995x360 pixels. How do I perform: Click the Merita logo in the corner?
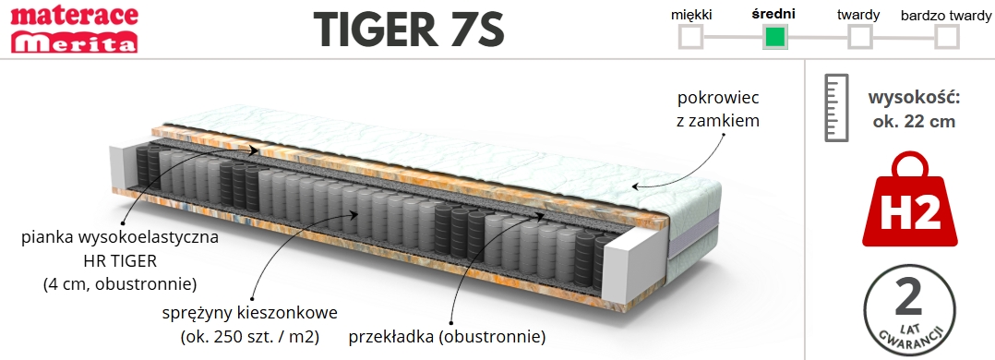pyautogui.click(x=74, y=42)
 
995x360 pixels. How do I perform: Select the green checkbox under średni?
pyautogui.click(x=774, y=37)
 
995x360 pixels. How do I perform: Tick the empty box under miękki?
pyautogui.click(x=690, y=37)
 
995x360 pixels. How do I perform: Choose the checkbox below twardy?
pyautogui.click(x=859, y=37)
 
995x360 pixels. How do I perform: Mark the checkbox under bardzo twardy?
pyautogui.click(x=946, y=37)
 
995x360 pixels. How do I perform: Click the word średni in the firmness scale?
pyautogui.click(x=774, y=14)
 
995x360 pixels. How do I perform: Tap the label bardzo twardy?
pyautogui.click(x=945, y=15)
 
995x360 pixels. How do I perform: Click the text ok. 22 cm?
pyautogui.click(x=915, y=121)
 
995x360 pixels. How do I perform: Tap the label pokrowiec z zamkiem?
pyautogui.click(x=718, y=108)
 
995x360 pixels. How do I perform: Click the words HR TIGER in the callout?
pyautogui.click(x=120, y=259)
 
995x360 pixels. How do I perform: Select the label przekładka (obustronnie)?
pyautogui.click(x=447, y=335)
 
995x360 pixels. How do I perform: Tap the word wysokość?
pyautogui.click(x=915, y=98)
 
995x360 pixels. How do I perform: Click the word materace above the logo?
pyautogui.click(x=74, y=15)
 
